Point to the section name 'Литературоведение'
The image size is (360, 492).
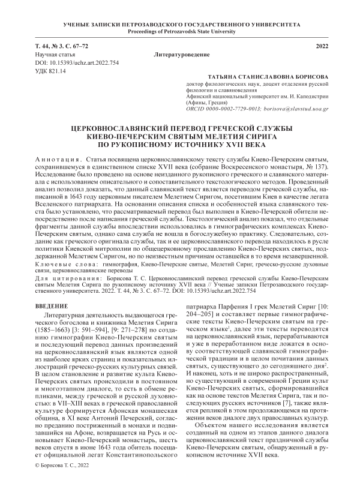pos(179,55)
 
